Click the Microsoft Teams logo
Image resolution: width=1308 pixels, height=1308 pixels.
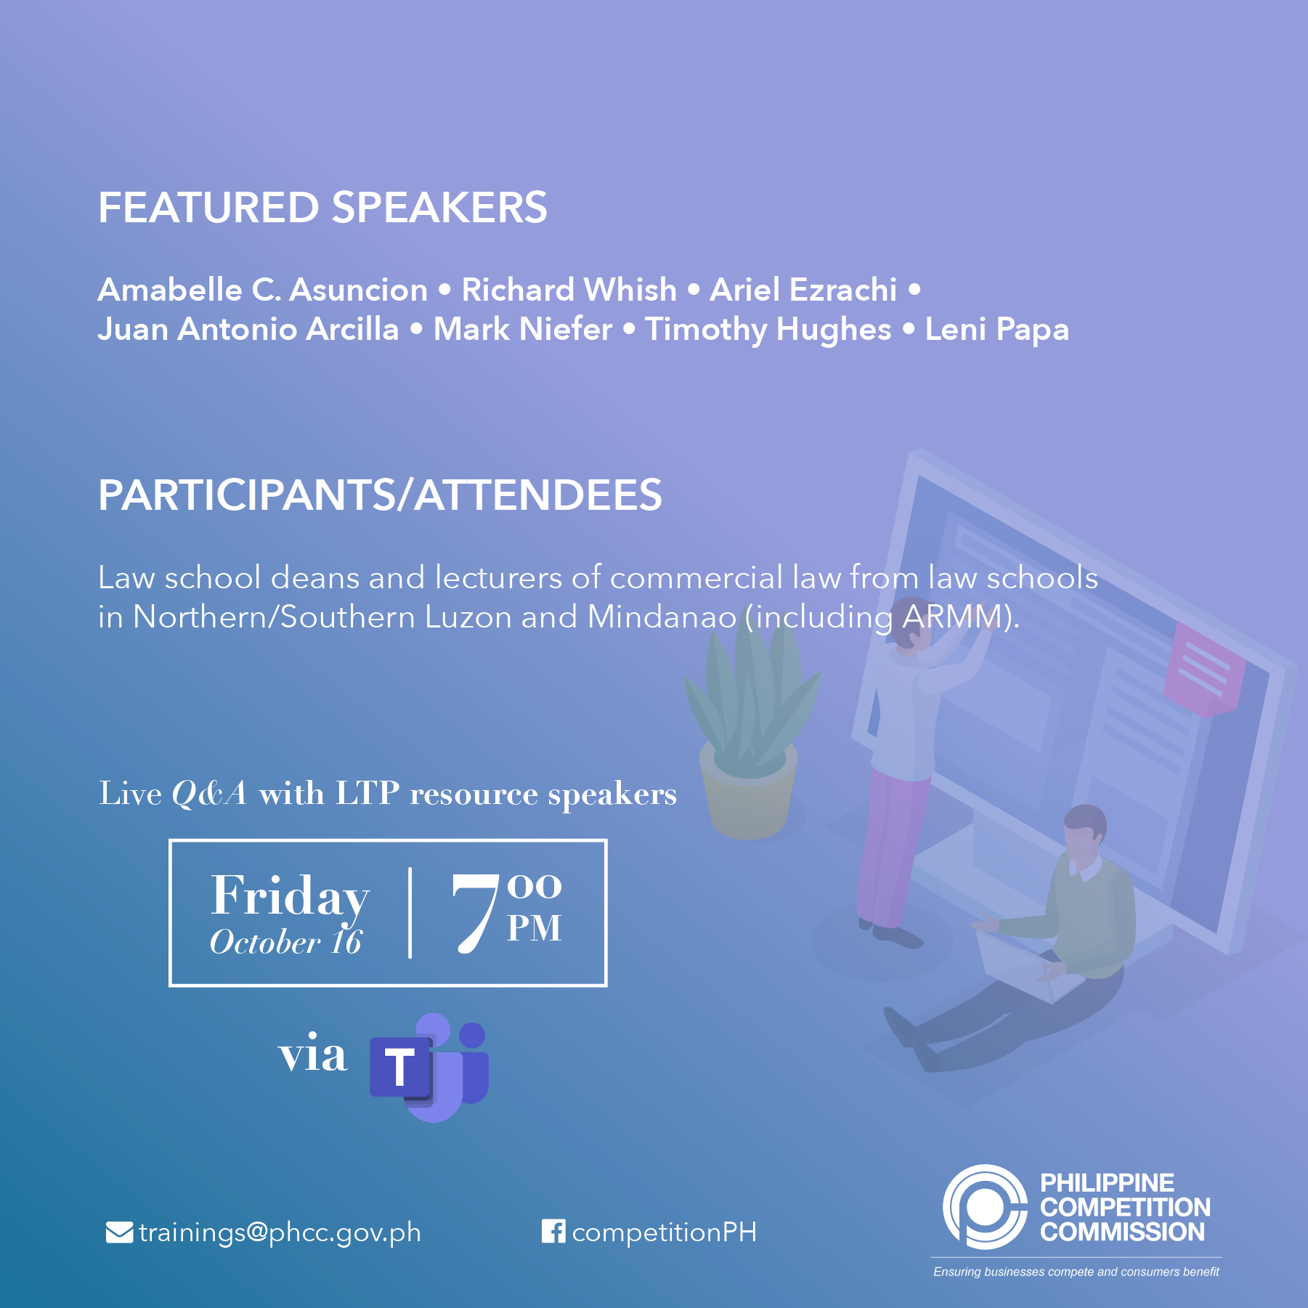429,1067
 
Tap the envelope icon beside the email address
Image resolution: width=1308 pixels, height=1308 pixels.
119,1232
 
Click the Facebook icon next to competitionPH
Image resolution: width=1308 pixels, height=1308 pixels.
553,1231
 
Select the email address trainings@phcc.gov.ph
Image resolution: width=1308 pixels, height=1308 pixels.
280,1233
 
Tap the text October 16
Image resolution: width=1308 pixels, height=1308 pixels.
285,942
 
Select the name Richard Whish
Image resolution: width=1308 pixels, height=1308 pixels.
569,290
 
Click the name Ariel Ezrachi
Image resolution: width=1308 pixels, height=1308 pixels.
803,290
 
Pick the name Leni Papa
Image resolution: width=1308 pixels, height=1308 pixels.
997,330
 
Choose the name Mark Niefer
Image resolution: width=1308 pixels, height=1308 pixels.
523,329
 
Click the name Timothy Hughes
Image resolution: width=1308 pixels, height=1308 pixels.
768,330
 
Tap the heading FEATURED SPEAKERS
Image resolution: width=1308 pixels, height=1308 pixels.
322,208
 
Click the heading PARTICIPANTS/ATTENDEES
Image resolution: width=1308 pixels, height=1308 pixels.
380,495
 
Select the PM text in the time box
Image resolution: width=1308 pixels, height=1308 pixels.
535,928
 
